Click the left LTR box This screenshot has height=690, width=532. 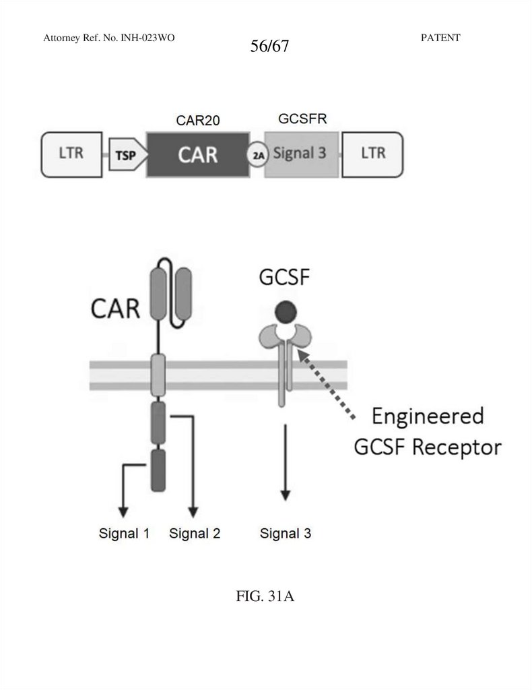pos(70,153)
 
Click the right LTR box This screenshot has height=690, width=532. pos(373,153)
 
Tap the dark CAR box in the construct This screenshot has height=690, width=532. pos(197,154)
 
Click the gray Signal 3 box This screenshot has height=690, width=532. pos(301,154)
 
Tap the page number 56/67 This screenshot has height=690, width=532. pos(269,47)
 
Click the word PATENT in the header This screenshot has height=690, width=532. pos(440,38)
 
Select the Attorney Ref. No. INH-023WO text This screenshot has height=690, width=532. pos(109,38)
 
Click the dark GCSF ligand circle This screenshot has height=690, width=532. pos(286,311)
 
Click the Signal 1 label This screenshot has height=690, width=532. pos(123,534)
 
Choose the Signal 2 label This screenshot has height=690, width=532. pos(195,534)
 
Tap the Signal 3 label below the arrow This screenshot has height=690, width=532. pos(286,534)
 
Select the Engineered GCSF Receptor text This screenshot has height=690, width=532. pos(427,431)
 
